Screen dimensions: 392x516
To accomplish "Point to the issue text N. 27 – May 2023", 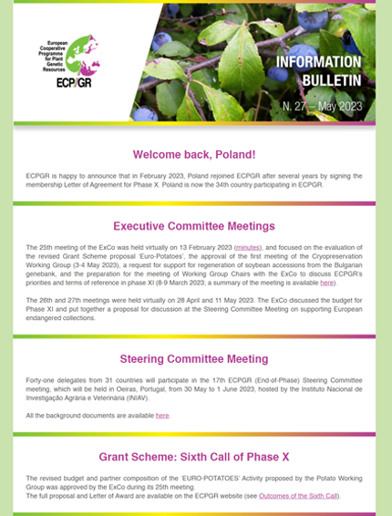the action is [322, 107].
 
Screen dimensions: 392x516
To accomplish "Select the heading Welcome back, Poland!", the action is [195, 155].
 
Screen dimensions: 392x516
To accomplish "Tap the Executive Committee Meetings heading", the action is [194, 226].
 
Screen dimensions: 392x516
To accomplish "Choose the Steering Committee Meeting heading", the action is [194, 359].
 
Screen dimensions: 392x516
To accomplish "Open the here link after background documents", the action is [162, 416].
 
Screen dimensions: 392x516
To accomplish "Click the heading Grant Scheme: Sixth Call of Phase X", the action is [194, 456].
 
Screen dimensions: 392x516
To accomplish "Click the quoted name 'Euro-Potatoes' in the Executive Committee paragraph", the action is [162, 257].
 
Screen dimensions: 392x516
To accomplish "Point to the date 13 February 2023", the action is [200, 248].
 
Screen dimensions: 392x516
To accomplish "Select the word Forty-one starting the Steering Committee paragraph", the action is [41, 381].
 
